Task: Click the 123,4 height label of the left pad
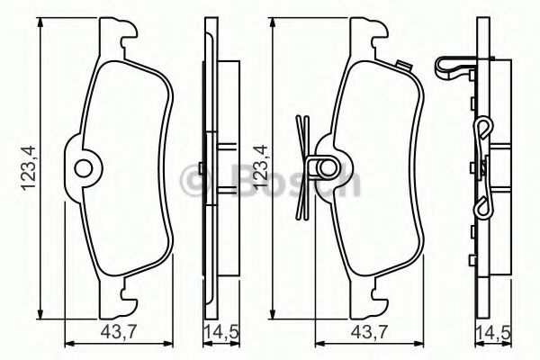[28, 168]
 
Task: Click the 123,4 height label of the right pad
[260, 166]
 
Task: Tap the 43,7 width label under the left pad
[119, 332]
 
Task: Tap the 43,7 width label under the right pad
[369, 332]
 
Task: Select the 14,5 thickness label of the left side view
[221, 333]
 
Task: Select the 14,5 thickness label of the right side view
[493, 333]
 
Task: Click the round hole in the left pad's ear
[84, 169]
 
